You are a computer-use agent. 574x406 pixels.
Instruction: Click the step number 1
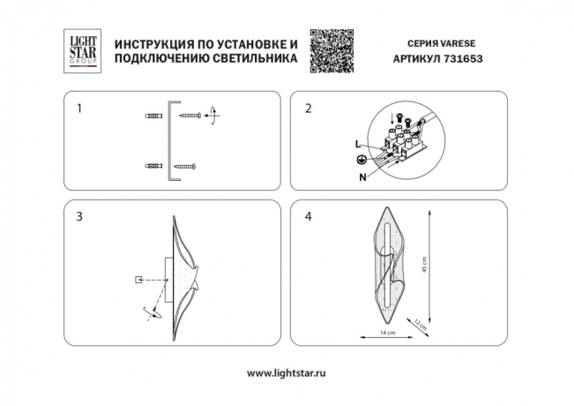79,109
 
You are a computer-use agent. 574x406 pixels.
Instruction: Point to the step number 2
308,109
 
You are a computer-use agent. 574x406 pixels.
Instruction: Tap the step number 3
79,216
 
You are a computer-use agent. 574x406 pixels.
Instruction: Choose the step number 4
308,216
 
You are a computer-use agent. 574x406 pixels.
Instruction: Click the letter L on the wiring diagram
357,143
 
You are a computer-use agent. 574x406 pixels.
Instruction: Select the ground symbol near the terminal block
360,159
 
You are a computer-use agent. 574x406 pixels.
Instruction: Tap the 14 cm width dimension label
385,332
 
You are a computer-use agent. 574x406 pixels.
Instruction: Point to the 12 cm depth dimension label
422,327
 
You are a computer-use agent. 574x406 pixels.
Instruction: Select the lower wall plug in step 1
152,166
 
